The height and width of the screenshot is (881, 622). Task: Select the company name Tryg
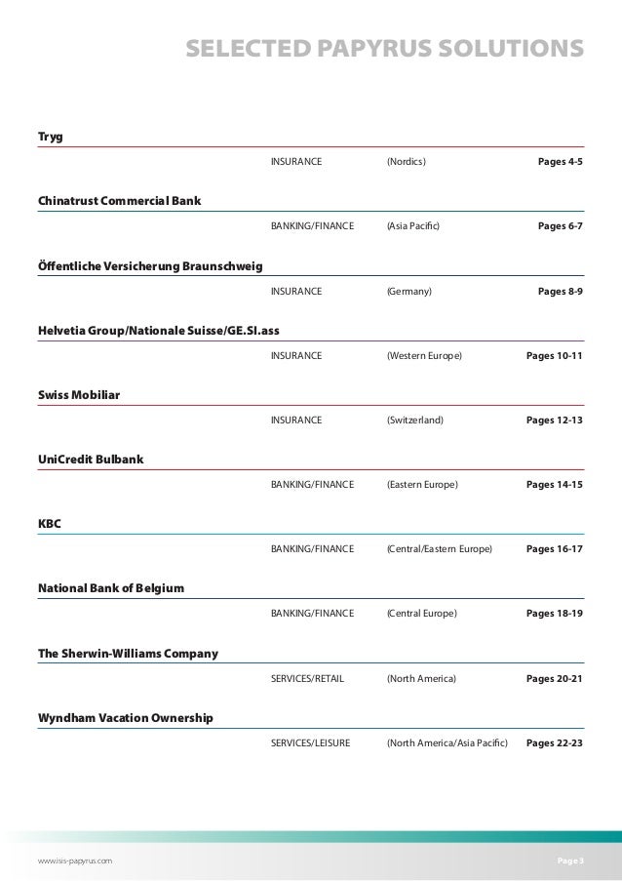49,136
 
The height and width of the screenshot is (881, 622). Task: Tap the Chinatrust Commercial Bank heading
119,201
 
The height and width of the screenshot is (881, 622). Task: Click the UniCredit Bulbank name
90,460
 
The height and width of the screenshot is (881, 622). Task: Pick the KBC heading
49,524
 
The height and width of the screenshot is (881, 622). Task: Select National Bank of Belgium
111,588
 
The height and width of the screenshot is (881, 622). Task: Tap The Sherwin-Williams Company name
127,653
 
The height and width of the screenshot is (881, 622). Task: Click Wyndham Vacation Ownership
125,718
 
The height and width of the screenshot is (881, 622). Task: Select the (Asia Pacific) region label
413,226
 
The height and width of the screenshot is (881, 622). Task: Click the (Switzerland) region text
414,420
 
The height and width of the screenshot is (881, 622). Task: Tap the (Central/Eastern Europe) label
439,549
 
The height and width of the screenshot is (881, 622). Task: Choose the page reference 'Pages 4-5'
561,162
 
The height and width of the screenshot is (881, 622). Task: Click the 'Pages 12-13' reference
555,420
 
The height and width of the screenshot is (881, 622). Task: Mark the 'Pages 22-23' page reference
555,743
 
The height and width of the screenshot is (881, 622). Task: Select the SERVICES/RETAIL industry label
307,678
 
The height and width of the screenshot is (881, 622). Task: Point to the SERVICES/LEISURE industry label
310,743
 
